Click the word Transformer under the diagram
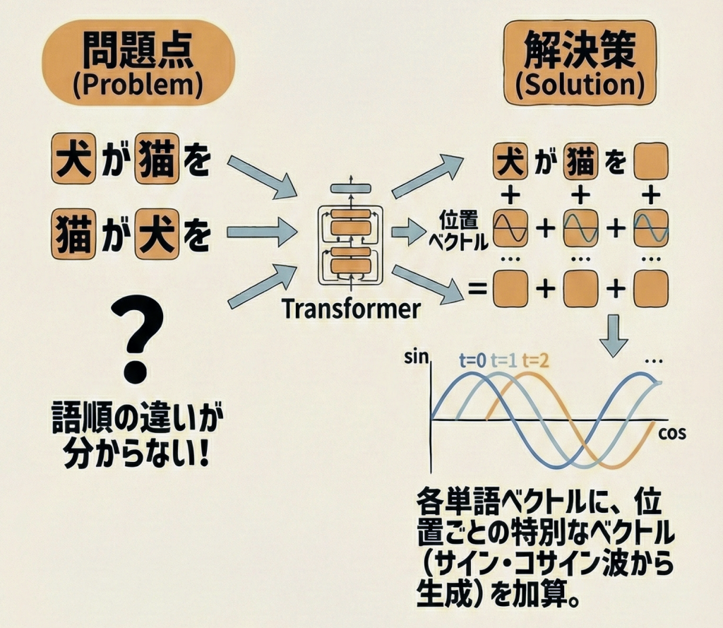pyautogui.click(x=351, y=309)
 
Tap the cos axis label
pyautogui.click(x=671, y=433)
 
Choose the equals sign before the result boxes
pyautogui.click(x=478, y=290)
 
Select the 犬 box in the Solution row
pyautogui.click(x=510, y=162)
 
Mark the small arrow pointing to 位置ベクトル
pyautogui.click(x=405, y=230)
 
